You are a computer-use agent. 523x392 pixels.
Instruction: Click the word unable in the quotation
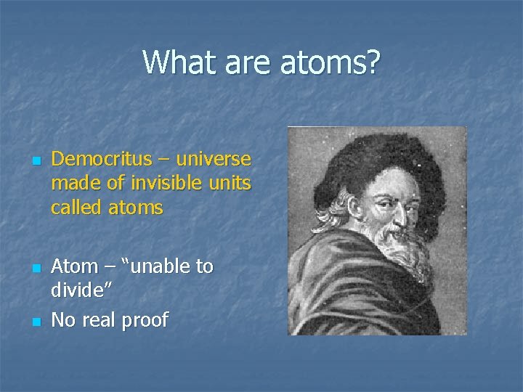[158, 267]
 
